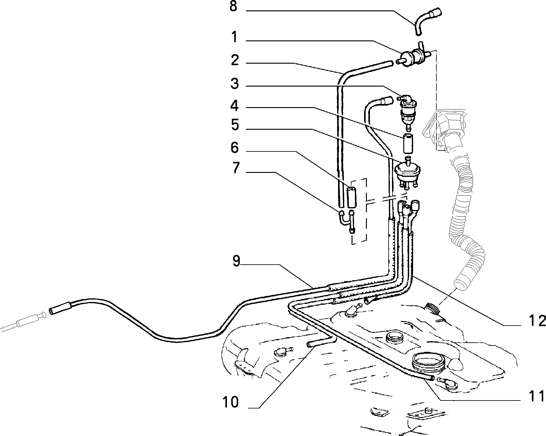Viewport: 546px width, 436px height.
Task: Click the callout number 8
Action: tap(233, 7)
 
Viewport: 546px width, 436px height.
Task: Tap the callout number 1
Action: tap(234, 38)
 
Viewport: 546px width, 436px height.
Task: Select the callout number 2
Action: tap(235, 60)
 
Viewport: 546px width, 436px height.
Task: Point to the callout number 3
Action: tap(235, 84)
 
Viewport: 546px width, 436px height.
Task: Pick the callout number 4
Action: tap(235, 106)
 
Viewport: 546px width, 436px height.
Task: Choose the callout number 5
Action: tap(235, 125)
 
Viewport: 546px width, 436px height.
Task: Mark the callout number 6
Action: tap(235, 148)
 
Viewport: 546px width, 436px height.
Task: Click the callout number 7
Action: tap(235, 168)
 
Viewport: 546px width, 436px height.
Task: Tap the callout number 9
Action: tap(236, 261)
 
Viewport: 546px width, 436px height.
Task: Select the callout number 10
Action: tap(231, 402)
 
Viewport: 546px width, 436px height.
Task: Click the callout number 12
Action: tap(537, 321)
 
